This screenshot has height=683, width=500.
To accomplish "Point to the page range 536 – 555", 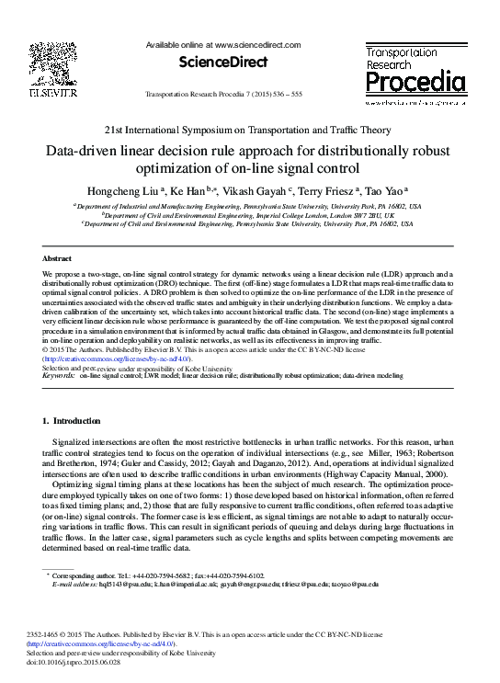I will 309,96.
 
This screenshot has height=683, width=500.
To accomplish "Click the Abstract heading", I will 58,259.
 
